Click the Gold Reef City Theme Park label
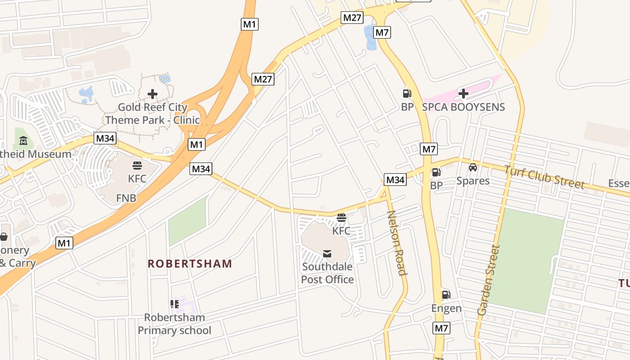(152, 113)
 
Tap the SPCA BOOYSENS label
(463, 107)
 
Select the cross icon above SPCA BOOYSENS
(463, 94)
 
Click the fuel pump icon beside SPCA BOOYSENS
(407, 94)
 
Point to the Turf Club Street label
(544, 177)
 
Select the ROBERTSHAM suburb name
(190, 264)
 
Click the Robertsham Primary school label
(174, 324)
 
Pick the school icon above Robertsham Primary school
(175, 304)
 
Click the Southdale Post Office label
(327, 273)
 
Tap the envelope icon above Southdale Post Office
(327, 254)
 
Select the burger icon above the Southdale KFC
(341, 218)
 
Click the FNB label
(126, 198)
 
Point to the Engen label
(446, 308)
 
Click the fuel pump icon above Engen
(446, 295)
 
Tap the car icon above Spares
(472, 167)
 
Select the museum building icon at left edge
(23, 141)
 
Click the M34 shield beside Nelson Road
(395, 180)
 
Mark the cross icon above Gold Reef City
(153, 94)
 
